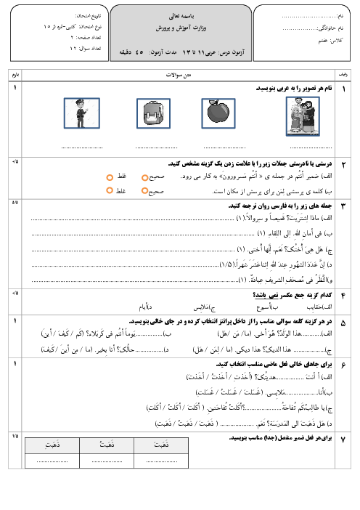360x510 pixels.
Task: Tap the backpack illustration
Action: (x=149, y=113)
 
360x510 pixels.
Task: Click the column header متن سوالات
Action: (x=178, y=75)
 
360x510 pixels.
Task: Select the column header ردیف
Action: (x=343, y=75)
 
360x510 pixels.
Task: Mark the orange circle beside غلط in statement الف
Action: (x=110, y=177)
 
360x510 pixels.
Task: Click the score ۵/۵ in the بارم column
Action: (x=15, y=202)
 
